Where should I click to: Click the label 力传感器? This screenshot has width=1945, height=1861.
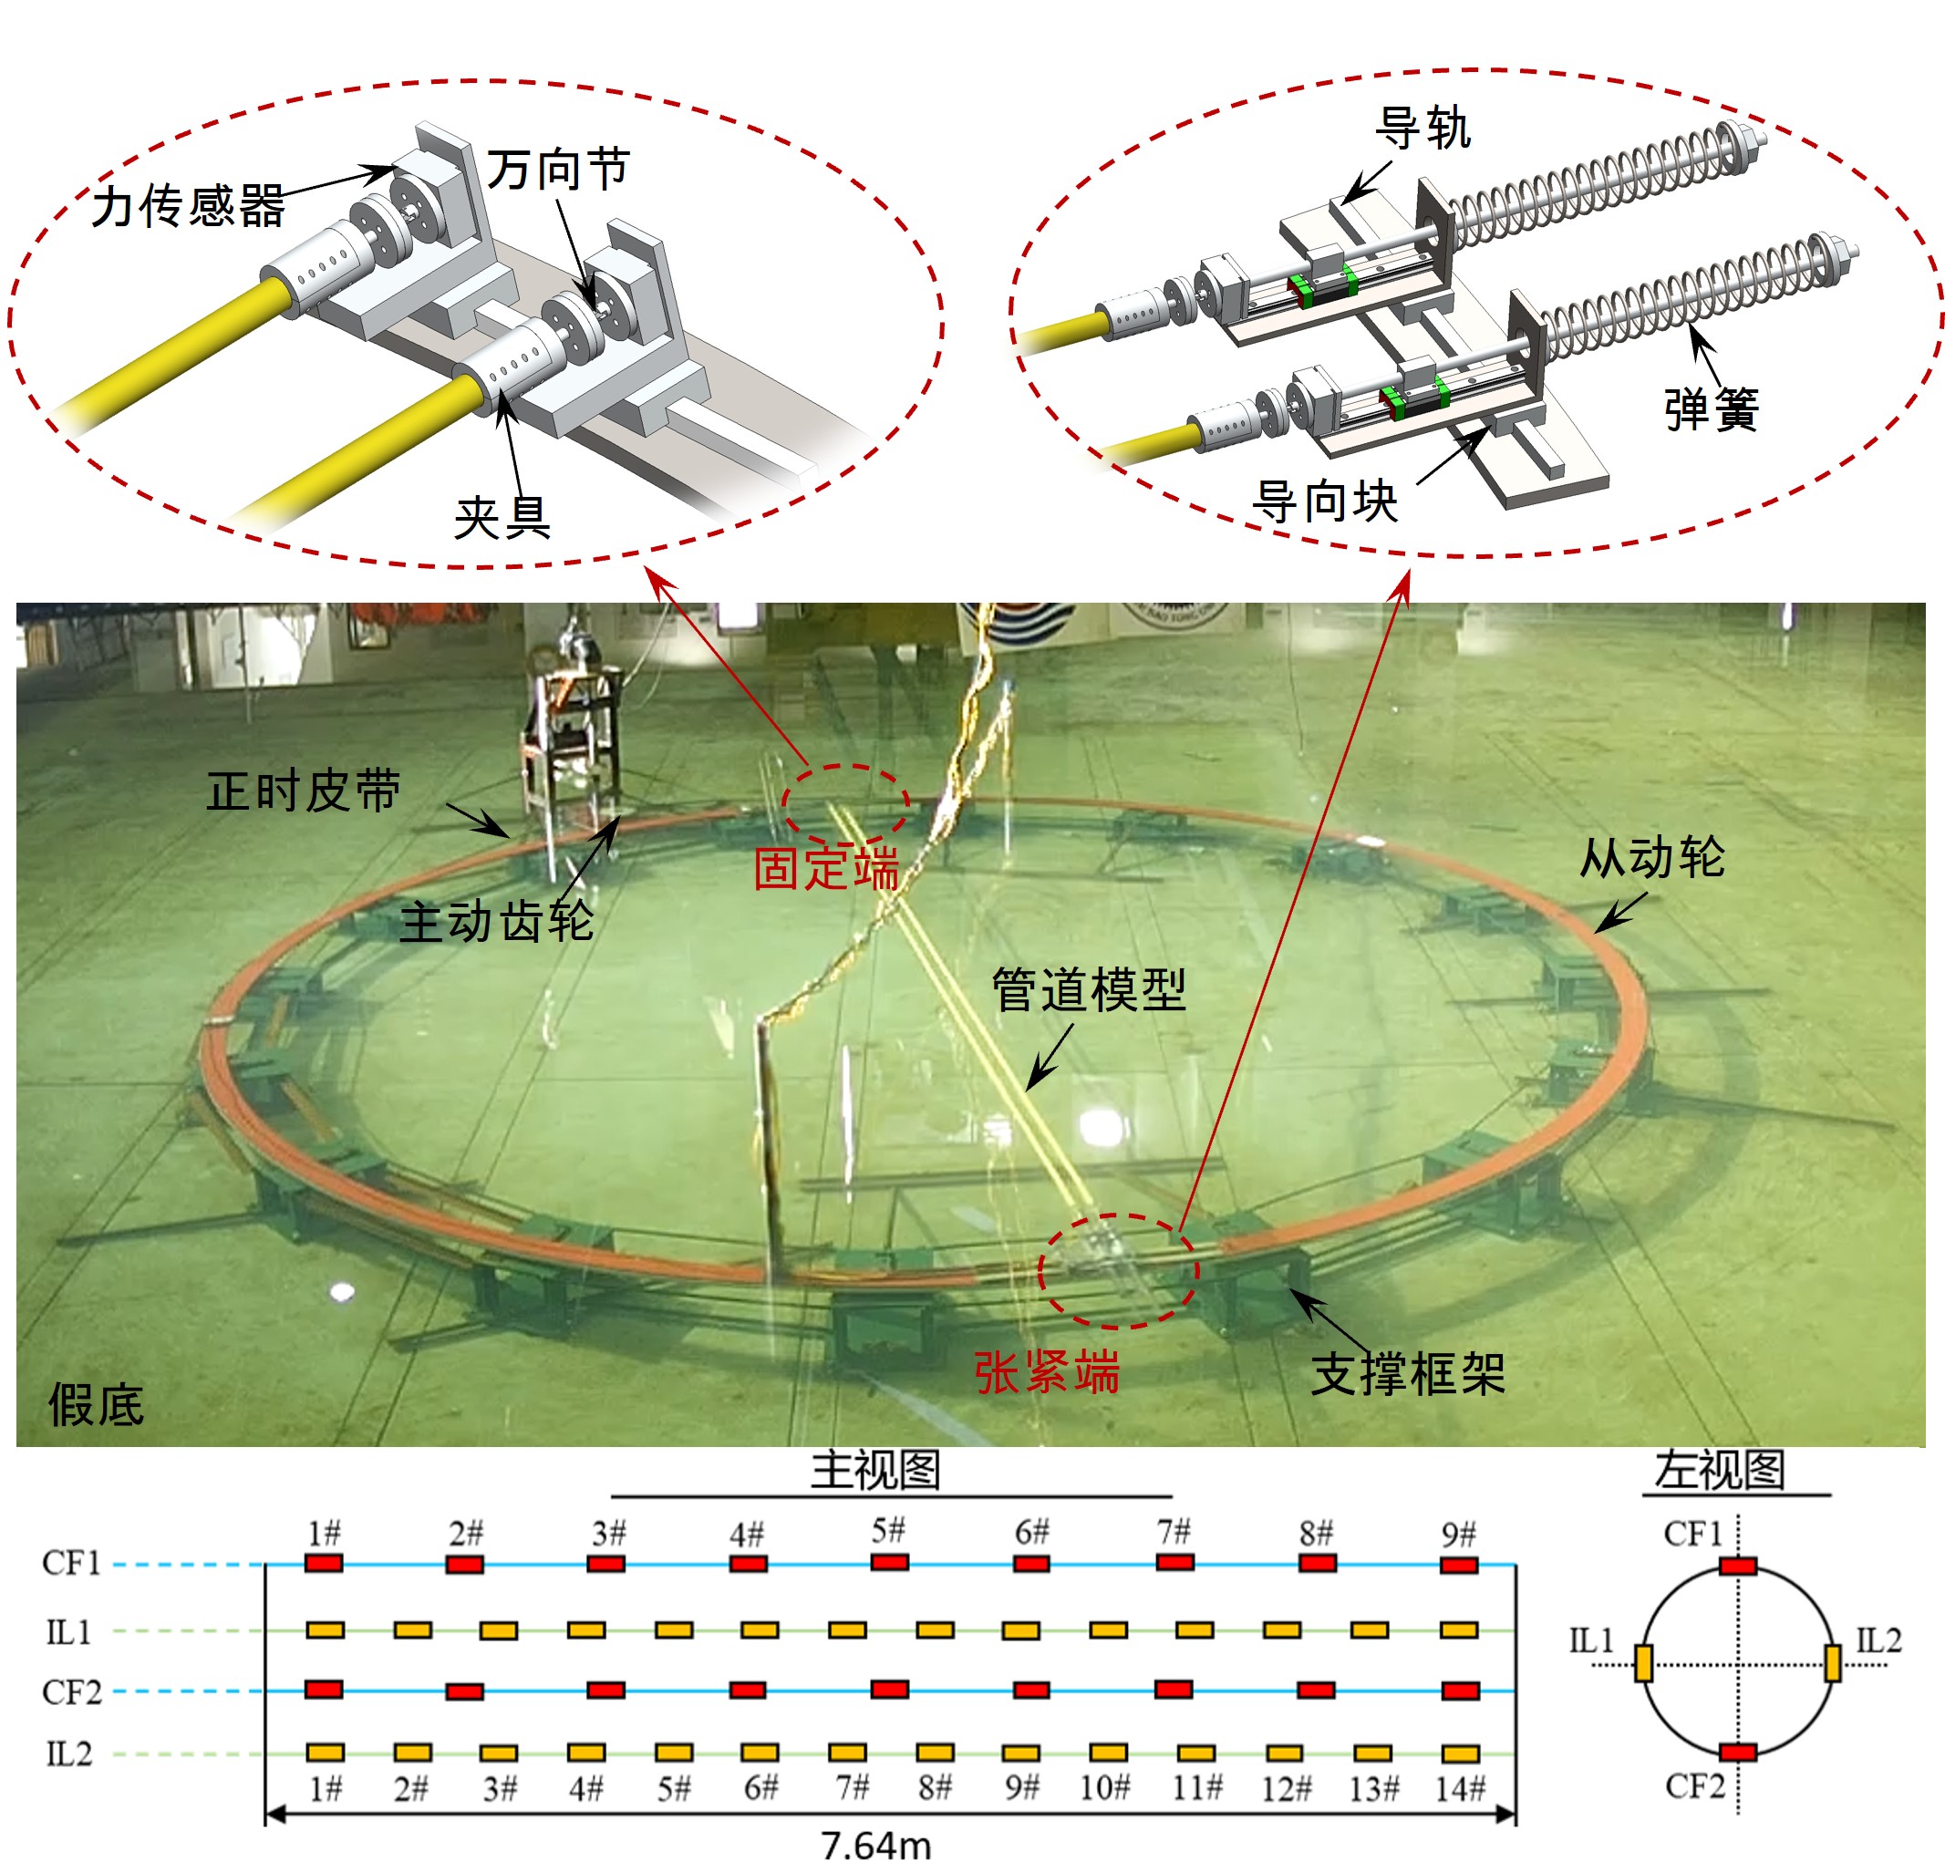click(188, 206)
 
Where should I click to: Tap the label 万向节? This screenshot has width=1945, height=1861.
click(557, 169)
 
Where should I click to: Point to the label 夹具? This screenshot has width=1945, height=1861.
click(502, 517)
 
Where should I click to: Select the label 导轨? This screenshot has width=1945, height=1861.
click(1422, 128)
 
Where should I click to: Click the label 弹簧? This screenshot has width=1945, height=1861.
click(1711, 408)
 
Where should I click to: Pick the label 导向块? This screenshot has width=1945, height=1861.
click(1324, 500)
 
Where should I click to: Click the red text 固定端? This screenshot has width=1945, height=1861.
click(825, 868)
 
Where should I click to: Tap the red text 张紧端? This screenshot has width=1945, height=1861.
click(1047, 1372)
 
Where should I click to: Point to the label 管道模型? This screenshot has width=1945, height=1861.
click(1088, 989)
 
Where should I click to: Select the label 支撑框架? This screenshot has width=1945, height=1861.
click(1407, 1374)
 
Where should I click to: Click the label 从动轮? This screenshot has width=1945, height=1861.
click(1651, 857)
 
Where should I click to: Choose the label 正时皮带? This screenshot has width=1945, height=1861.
click(303, 791)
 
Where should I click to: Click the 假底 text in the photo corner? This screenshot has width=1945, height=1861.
click(97, 1405)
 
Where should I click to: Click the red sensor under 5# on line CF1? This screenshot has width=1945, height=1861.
click(889, 1561)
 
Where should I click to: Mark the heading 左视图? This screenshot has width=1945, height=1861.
click(1719, 1469)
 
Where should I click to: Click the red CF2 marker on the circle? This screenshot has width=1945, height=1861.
click(1737, 1752)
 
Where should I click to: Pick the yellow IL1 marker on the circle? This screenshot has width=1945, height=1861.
click(1642, 1663)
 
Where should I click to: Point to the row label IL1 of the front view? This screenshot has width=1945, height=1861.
click(68, 1632)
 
